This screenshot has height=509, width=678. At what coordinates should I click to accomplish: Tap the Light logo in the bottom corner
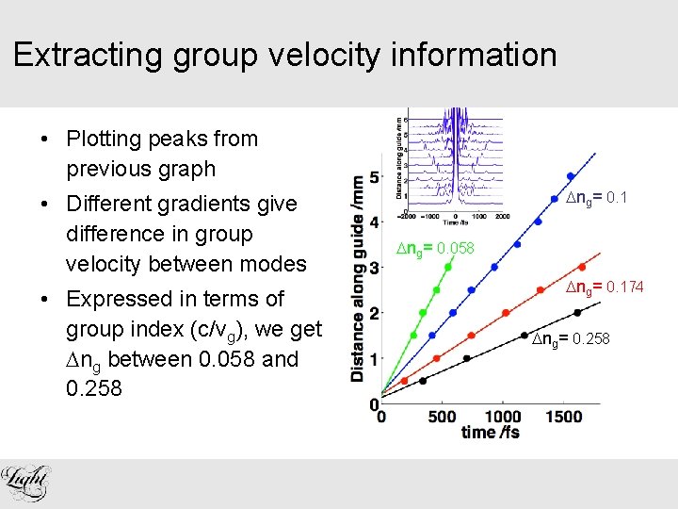point(27,484)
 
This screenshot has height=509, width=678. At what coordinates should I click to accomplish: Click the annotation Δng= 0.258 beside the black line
point(571,337)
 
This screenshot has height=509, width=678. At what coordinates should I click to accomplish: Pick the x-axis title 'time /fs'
point(490,433)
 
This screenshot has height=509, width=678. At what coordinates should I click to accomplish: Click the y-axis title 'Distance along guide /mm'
point(358,278)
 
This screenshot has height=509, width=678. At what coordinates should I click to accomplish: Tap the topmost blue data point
point(570,176)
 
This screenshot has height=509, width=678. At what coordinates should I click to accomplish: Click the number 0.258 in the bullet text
point(94,388)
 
